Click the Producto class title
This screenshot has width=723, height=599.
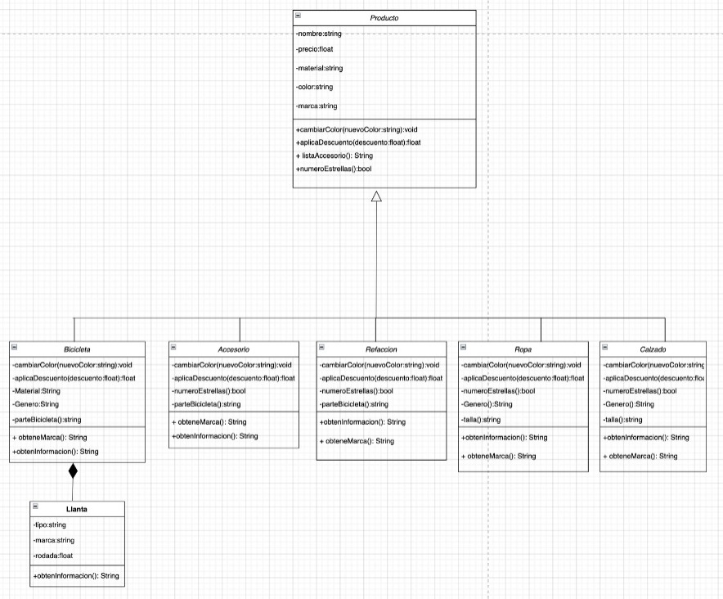coord(384,18)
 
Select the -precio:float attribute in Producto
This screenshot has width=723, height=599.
coord(315,49)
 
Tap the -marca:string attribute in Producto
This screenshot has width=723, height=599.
coord(317,106)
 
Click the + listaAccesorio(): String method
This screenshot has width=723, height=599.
coord(335,155)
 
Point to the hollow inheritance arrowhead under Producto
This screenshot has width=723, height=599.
coord(376,196)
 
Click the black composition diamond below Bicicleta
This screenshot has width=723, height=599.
coord(74,471)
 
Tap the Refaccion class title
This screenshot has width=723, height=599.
coord(381,349)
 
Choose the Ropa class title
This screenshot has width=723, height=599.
coord(523,349)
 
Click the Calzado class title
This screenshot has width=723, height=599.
coord(653,349)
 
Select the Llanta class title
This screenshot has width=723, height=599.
coord(78,509)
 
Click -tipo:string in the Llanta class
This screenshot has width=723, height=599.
coord(50,525)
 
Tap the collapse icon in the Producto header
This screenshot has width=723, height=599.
coord(299,16)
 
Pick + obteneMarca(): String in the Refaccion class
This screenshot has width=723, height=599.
coord(357,442)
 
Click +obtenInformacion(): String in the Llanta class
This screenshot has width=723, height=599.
coord(76,576)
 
